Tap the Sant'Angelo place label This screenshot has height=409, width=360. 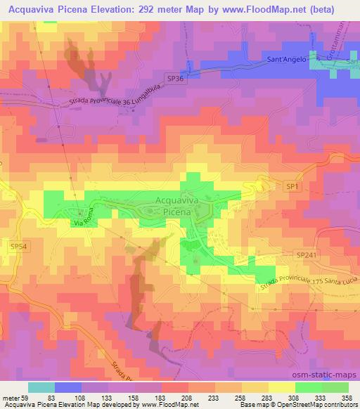[286, 60]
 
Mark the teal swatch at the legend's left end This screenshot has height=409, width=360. [41, 388]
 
